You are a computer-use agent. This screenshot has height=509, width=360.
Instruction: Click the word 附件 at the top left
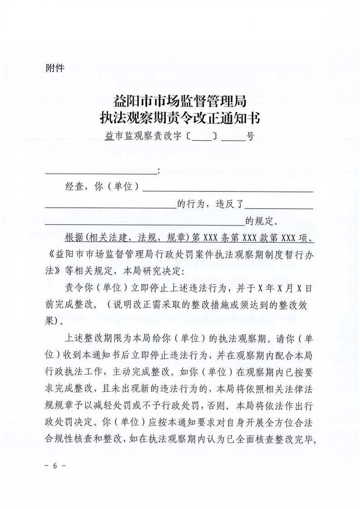pos(55,69)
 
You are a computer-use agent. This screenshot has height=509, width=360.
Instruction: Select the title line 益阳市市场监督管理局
pos(180,100)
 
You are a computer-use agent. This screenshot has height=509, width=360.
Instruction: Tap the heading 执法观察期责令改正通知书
pos(180,118)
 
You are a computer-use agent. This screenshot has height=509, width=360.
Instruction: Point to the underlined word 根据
pos(76,239)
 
